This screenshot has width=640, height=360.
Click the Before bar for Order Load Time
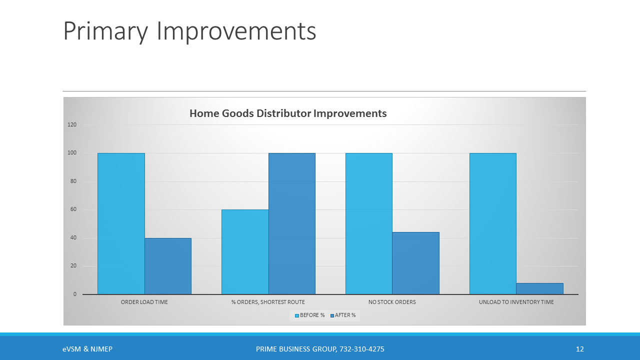click(121, 223)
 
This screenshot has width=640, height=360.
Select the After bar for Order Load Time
click(168, 266)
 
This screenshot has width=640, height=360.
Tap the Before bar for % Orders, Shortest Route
click(245, 252)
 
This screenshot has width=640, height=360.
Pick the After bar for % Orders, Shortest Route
click(292, 223)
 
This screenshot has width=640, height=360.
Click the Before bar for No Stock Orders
click(369, 223)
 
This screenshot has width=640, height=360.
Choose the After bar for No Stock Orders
click(415, 263)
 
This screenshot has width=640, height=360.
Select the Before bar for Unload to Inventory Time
click(493, 223)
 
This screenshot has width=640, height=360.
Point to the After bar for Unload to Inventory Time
click(539, 288)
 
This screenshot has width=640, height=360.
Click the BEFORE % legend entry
click(310, 315)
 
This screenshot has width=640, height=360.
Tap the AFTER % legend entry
click(343, 315)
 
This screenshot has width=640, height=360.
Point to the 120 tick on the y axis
click(72, 124)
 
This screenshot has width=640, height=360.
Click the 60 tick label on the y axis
click(73, 209)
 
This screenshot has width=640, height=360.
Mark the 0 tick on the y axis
click(75, 294)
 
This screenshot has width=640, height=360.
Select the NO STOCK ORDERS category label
click(392, 302)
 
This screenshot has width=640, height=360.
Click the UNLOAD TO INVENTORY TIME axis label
click(516, 302)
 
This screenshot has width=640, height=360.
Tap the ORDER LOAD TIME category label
click(144, 302)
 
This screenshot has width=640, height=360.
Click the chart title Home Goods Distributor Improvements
click(288, 113)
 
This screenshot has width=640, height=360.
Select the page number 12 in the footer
click(579, 349)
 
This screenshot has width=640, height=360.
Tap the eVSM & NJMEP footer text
click(87, 349)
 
